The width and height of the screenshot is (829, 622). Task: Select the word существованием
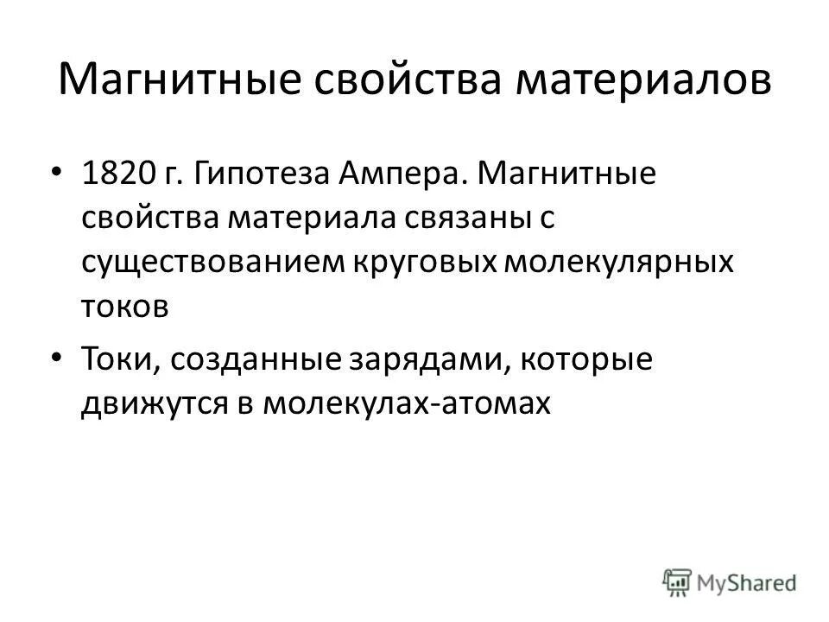(212, 263)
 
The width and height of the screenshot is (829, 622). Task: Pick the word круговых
(412, 263)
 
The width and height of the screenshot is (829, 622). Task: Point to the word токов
(125, 306)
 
